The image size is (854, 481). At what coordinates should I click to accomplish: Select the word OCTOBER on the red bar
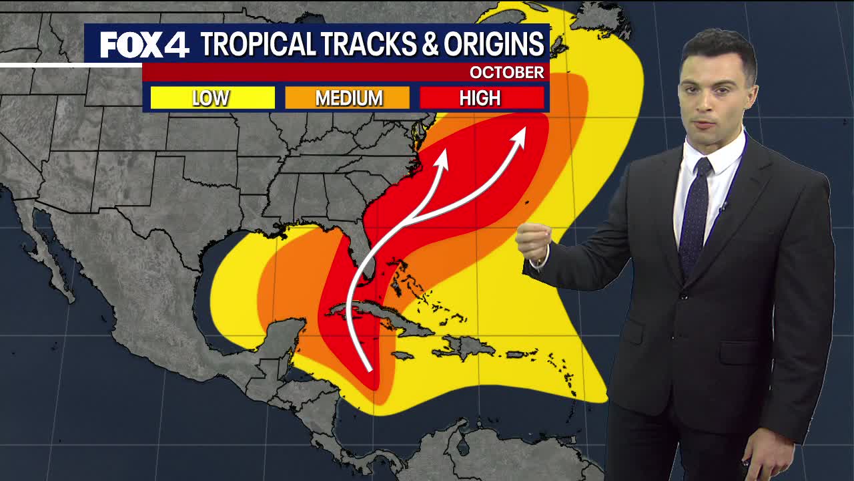tap(506, 72)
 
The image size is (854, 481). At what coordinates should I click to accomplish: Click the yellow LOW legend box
tap(212, 98)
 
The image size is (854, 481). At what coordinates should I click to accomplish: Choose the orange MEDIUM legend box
tap(348, 98)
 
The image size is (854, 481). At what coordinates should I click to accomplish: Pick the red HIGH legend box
tap(481, 98)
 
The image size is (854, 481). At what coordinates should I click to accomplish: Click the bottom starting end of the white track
tap(370, 369)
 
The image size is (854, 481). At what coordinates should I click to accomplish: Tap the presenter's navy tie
tap(695, 214)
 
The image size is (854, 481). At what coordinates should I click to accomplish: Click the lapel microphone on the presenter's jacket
tap(722, 207)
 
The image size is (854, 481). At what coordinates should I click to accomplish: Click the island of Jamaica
tap(404, 355)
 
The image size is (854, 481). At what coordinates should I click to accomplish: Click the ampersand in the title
tap(431, 44)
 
